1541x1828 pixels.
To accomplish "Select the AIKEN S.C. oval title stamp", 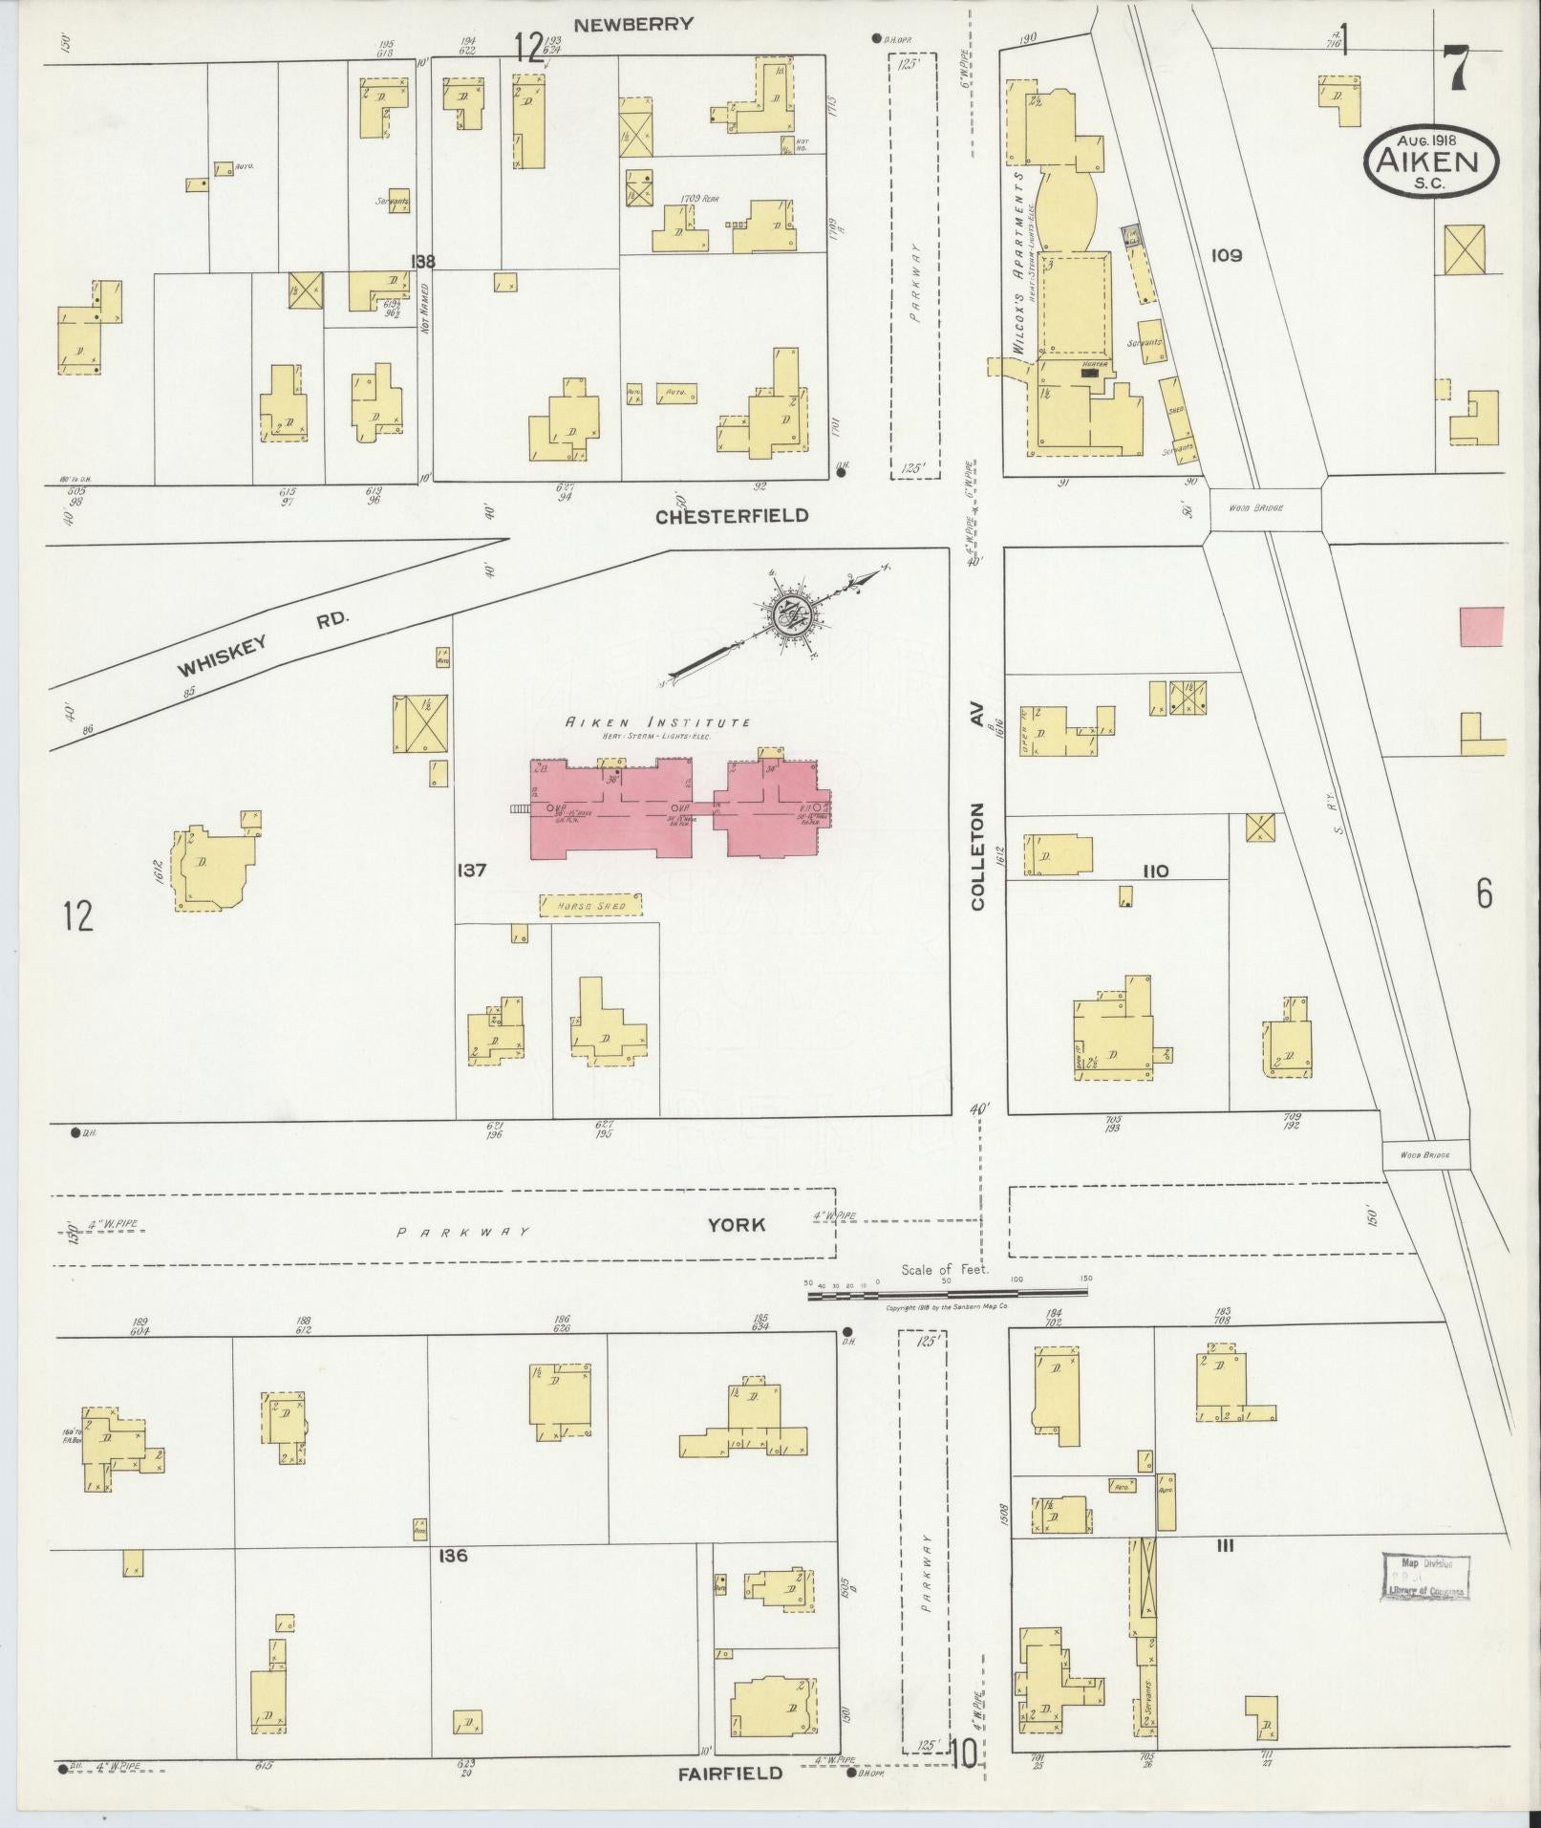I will tap(1431, 162).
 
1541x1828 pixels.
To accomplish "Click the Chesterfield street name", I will tap(732, 516).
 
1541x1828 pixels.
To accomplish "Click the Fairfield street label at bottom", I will tap(731, 1774).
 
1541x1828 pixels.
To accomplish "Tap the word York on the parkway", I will tap(737, 1225).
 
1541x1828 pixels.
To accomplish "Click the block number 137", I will tap(472, 871).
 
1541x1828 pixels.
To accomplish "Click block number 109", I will tap(1226, 255).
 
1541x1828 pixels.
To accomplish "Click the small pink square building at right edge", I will tap(1481, 627).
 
